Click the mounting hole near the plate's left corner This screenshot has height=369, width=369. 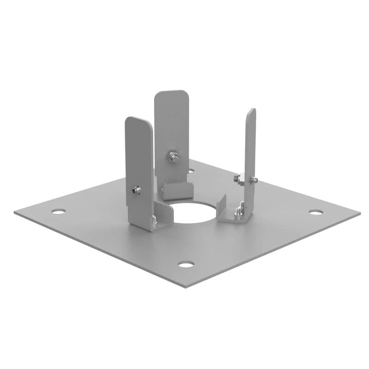(x=58, y=211)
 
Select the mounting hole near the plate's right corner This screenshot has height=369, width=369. (x=315, y=212)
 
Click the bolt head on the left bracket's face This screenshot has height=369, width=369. (x=135, y=189)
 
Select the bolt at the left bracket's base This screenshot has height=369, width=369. (x=154, y=223)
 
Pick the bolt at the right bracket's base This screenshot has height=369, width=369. (x=239, y=211)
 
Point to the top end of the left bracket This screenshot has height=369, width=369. (x=137, y=119)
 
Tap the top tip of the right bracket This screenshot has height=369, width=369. (x=251, y=111)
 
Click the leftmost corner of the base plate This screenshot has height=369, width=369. (x=15, y=213)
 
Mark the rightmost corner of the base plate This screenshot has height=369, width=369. (x=359, y=214)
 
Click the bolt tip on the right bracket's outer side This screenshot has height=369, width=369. (x=254, y=179)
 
